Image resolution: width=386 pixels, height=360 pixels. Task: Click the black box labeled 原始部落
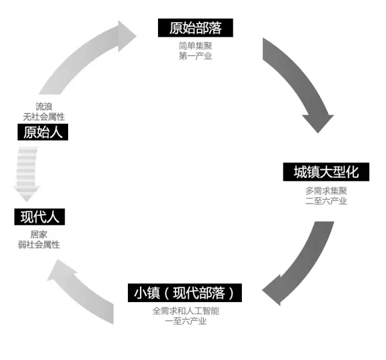pyautogui.click(x=195, y=28)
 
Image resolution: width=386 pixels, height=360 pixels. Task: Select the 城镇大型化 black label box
pyautogui.click(x=326, y=172)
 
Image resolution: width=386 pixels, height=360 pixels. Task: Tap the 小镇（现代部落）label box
pyautogui.click(x=185, y=293)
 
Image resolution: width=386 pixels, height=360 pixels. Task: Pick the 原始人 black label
pyautogui.click(x=43, y=132)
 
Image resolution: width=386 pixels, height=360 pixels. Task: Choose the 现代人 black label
pyautogui.click(x=40, y=217)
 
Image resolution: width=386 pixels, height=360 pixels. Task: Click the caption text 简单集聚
pyautogui.click(x=195, y=46)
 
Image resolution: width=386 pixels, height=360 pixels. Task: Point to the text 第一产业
pyautogui.click(x=195, y=56)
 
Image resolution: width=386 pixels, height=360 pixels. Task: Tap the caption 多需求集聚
pyautogui.click(x=326, y=191)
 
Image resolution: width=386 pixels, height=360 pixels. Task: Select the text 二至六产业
pyautogui.click(x=326, y=201)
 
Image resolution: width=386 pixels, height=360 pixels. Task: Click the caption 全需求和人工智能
pyautogui.click(x=186, y=311)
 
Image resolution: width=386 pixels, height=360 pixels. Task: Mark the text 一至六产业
pyautogui.click(x=186, y=321)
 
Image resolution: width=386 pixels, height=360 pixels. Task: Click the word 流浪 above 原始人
pyautogui.click(x=44, y=107)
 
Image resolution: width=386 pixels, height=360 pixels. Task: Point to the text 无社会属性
pyautogui.click(x=44, y=116)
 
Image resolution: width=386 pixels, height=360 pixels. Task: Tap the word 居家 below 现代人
pyautogui.click(x=39, y=235)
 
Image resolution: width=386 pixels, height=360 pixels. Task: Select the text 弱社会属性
pyautogui.click(x=39, y=245)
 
